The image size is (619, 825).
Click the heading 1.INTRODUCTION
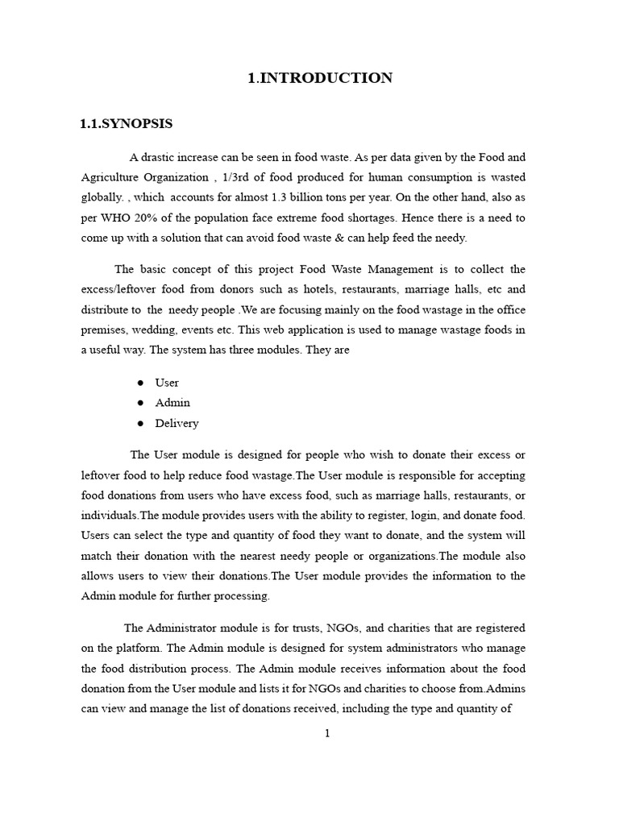(x=320, y=78)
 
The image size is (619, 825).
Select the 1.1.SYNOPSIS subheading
(x=126, y=124)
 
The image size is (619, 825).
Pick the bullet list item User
(x=167, y=383)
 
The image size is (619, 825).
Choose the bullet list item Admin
(x=172, y=403)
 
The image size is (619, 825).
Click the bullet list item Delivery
(x=177, y=423)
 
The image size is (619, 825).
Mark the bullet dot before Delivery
(x=140, y=423)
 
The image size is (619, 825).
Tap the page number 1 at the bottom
(x=327, y=733)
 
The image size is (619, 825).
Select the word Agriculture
(x=113, y=177)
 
